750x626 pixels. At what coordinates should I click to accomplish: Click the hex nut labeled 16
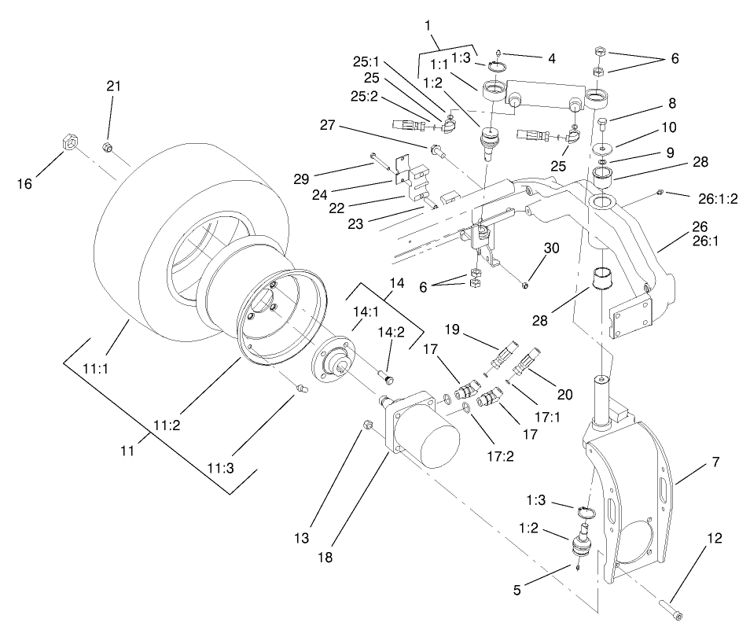coord(68,144)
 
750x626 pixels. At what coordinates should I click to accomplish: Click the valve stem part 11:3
coord(300,387)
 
